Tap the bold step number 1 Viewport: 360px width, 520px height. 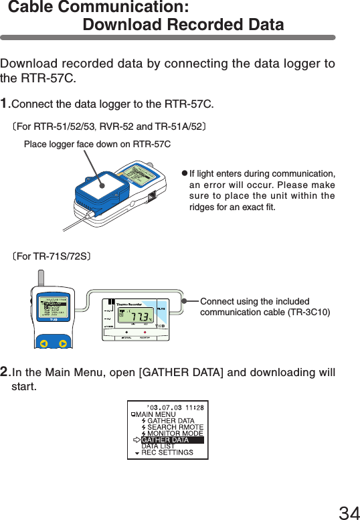point(5,104)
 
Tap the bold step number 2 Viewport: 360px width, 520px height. point(5,372)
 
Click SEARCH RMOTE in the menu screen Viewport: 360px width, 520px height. point(175,427)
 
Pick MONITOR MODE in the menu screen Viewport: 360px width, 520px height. point(175,434)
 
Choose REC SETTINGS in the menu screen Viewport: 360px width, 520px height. point(167,452)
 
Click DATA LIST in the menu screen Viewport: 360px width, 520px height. point(158,446)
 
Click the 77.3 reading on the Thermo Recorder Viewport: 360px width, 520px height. point(141,317)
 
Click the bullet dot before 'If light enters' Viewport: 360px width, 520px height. point(185,173)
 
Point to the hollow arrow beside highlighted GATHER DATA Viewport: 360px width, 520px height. point(137,440)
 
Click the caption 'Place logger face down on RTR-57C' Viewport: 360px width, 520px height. point(97,145)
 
